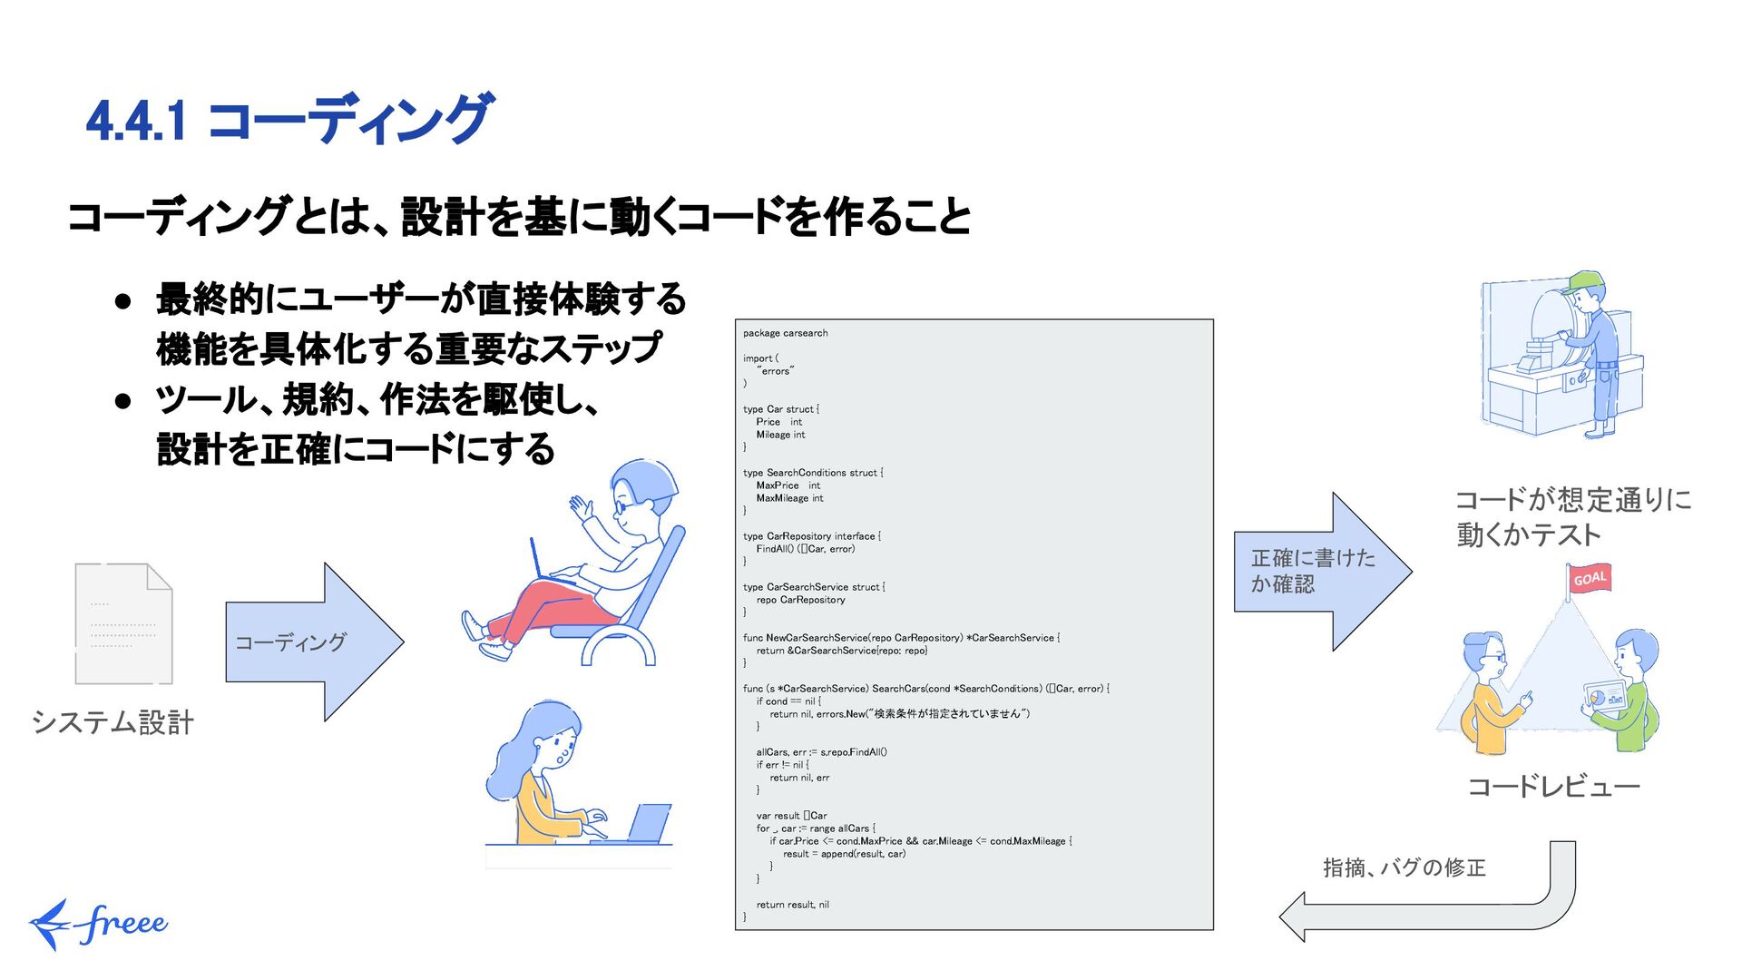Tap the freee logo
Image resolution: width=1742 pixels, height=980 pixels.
pyautogui.click(x=98, y=924)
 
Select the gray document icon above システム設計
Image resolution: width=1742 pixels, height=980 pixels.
pyautogui.click(x=123, y=623)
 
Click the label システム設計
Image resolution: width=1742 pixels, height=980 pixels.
pyautogui.click(x=113, y=722)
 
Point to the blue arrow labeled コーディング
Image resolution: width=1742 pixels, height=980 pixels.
pyautogui.click(x=313, y=642)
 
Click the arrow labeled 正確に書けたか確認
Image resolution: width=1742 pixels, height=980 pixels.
pyautogui.click(x=1321, y=571)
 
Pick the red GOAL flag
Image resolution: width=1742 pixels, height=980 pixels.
pyautogui.click(x=1590, y=579)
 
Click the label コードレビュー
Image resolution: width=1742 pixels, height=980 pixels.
pyautogui.click(x=1553, y=786)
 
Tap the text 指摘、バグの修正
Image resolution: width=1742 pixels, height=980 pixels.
pyautogui.click(x=1404, y=867)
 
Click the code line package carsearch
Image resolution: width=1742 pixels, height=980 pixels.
pyautogui.click(x=785, y=333)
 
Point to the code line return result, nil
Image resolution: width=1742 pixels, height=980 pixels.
pyautogui.click(x=792, y=905)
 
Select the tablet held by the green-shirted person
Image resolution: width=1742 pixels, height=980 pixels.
pyautogui.click(x=1604, y=697)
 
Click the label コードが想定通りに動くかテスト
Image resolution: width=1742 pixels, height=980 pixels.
pyautogui.click(x=1573, y=516)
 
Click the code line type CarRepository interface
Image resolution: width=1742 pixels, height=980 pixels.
pyautogui.click(x=811, y=536)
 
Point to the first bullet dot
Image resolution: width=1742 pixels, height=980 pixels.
pyautogui.click(x=124, y=300)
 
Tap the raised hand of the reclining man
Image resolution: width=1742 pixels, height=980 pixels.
pyautogui.click(x=580, y=505)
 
